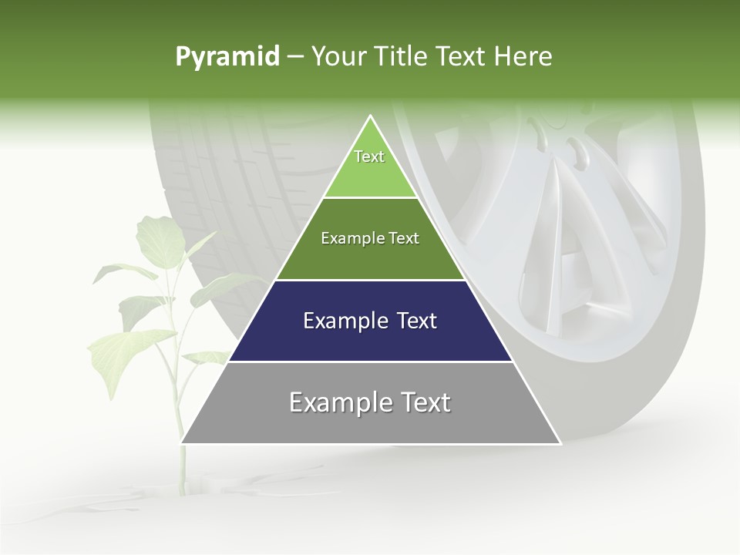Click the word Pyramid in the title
(x=227, y=57)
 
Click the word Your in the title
(x=337, y=57)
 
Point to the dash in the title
(x=295, y=57)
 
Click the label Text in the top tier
(x=369, y=156)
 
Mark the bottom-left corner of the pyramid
(x=182, y=442)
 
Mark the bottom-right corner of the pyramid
(x=560, y=442)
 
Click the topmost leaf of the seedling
(x=157, y=235)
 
